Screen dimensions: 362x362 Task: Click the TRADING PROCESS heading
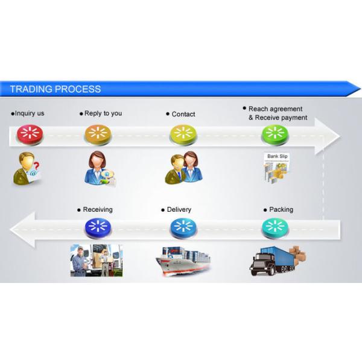[56, 89]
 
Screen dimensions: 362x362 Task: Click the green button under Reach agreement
[275, 135]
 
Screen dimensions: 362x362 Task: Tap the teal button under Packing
[275, 227]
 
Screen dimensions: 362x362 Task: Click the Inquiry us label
[29, 113]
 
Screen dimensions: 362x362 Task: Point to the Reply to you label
[103, 113]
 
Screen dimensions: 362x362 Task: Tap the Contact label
[183, 114]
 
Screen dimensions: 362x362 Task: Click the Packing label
[281, 209]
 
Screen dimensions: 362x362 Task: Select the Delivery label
[179, 209]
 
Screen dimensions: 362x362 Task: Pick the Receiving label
[97, 209]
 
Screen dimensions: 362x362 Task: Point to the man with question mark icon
[27, 168]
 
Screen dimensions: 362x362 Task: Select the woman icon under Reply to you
[99, 168]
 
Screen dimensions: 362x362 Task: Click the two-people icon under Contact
[183, 167]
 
